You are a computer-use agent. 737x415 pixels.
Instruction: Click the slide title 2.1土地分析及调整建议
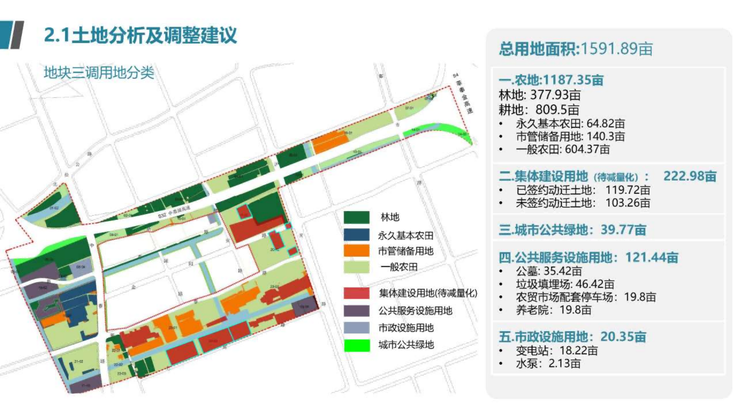pyautogui.click(x=140, y=35)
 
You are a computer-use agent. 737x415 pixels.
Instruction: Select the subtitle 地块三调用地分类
pyautogui.click(x=99, y=72)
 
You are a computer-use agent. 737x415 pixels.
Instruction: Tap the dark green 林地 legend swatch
pyautogui.click(x=356, y=217)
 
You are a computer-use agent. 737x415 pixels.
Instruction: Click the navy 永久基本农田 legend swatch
pyautogui.click(x=356, y=235)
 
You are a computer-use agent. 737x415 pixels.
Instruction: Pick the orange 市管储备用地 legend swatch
pyautogui.click(x=356, y=251)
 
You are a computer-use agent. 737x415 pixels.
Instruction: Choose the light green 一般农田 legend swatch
pyautogui.click(x=356, y=267)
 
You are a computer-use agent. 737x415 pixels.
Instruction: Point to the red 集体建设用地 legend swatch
pyautogui.click(x=356, y=293)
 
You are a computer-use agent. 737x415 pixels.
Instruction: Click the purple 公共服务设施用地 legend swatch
pyautogui.click(x=356, y=311)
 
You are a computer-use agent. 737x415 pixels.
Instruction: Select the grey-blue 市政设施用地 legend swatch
pyautogui.click(x=356, y=328)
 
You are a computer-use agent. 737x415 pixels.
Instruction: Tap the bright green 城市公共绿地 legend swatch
pyautogui.click(x=356, y=345)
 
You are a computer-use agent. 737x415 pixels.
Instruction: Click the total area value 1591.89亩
pyautogui.click(x=616, y=48)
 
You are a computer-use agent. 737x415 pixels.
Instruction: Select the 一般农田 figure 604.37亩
pyautogui.click(x=587, y=149)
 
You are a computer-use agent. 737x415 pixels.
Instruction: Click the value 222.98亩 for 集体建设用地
pyautogui.click(x=690, y=176)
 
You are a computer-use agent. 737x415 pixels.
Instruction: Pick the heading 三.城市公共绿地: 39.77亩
pyautogui.click(x=572, y=230)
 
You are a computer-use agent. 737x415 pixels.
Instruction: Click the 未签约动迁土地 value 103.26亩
pyautogui.click(x=628, y=203)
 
